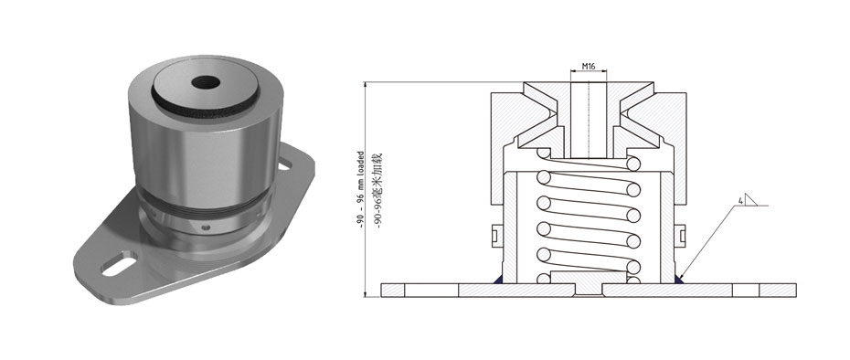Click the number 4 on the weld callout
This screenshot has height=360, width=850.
tap(738, 201)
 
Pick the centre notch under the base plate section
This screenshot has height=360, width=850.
tap(588, 292)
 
